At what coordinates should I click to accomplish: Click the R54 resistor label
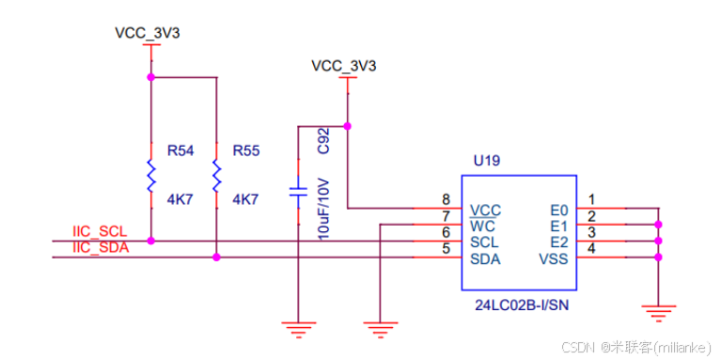pyautogui.click(x=180, y=150)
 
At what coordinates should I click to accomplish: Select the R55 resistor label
pyautogui.click(x=245, y=150)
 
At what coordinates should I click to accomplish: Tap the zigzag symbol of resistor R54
pyautogui.click(x=150, y=177)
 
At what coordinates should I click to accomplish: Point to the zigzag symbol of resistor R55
pyautogui.click(x=216, y=177)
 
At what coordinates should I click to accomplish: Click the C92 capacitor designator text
pyautogui.click(x=322, y=140)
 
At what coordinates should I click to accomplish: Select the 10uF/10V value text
pyautogui.click(x=322, y=208)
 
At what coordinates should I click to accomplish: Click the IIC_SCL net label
pyautogui.click(x=99, y=231)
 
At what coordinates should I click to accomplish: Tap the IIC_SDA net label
pyautogui.click(x=100, y=247)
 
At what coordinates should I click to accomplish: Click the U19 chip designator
pyautogui.click(x=487, y=161)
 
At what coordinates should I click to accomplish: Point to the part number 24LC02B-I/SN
pyautogui.click(x=517, y=305)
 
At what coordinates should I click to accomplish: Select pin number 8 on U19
pyautogui.click(x=446, y=199)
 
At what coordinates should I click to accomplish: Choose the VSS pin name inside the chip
pyautogui.click(x=553, y=258)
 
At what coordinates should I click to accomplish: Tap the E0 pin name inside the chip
pyautogui.click(x=558, y=209)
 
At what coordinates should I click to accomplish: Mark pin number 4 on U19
pyautogui.click(x=591, y=249)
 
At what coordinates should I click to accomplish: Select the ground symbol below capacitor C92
pyautogui.click(x=298, y=326)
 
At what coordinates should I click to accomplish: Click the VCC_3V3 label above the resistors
pyautogui.click(x=147, y=33)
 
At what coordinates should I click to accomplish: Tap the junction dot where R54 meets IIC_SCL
pyautogui.click(x=150, y=241)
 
